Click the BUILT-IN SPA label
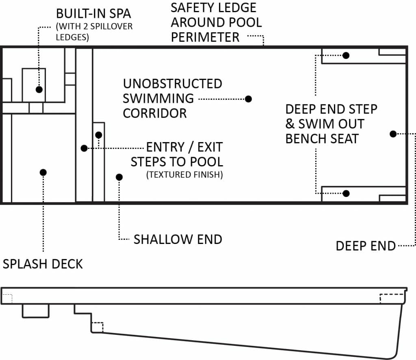click(93, 14)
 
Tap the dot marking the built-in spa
click(39, 90)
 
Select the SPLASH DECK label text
click(43, 264)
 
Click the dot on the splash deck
click(43, 172)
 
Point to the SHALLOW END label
click(178, 239)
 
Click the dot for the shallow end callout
click(119, 177)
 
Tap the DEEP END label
click(366, 246)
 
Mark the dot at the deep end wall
click(393, 134)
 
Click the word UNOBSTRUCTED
click(172, 84)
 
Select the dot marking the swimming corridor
click(248, 99)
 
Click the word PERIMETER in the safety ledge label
click(205, 37)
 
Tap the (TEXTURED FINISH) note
click(185, 175)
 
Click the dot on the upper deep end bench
click(346, 56)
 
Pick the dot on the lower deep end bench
click(346, 194)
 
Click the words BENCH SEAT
click(322, 139)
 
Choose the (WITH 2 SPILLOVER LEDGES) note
click(94, 32)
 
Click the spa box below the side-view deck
click(36, 311)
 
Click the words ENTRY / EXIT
click(184, 147)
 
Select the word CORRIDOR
click(155, 114)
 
